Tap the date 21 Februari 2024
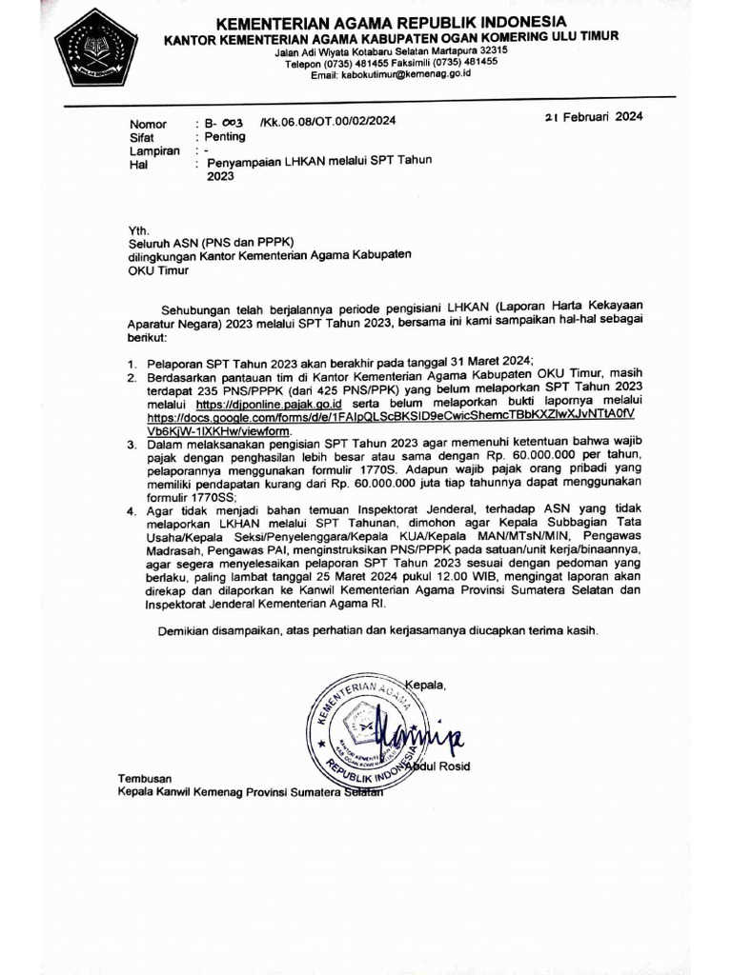[593, 117]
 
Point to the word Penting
[225, 136]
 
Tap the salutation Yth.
[139, 230]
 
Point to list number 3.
[132, 444]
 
